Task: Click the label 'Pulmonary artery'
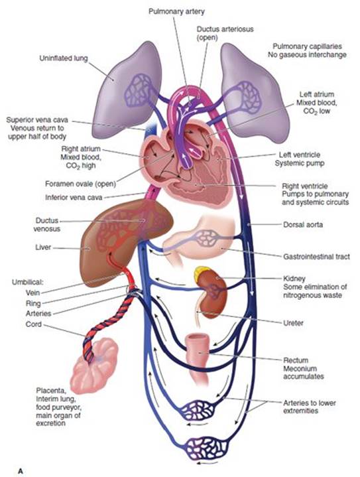(x=176, y=11)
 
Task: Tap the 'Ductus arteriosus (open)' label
(x=225, y=33)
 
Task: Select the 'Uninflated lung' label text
(x=64, y=58)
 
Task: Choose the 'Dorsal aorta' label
(x=303, y=225)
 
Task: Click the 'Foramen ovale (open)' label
(x=81, y=184)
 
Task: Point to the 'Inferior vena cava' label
(x=74, y=198)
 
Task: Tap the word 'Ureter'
(x=293, y=323)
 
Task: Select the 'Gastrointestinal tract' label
(x=316, y=257)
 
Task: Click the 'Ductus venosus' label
(x=47, y=224)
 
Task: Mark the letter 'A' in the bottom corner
(x=20, y=471)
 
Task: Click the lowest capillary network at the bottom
(x=208, y=448)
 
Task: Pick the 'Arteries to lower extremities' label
(x=310, y=407)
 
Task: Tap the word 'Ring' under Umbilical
(x=33, y=303)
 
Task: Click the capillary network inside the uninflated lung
(x=139, y=91)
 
